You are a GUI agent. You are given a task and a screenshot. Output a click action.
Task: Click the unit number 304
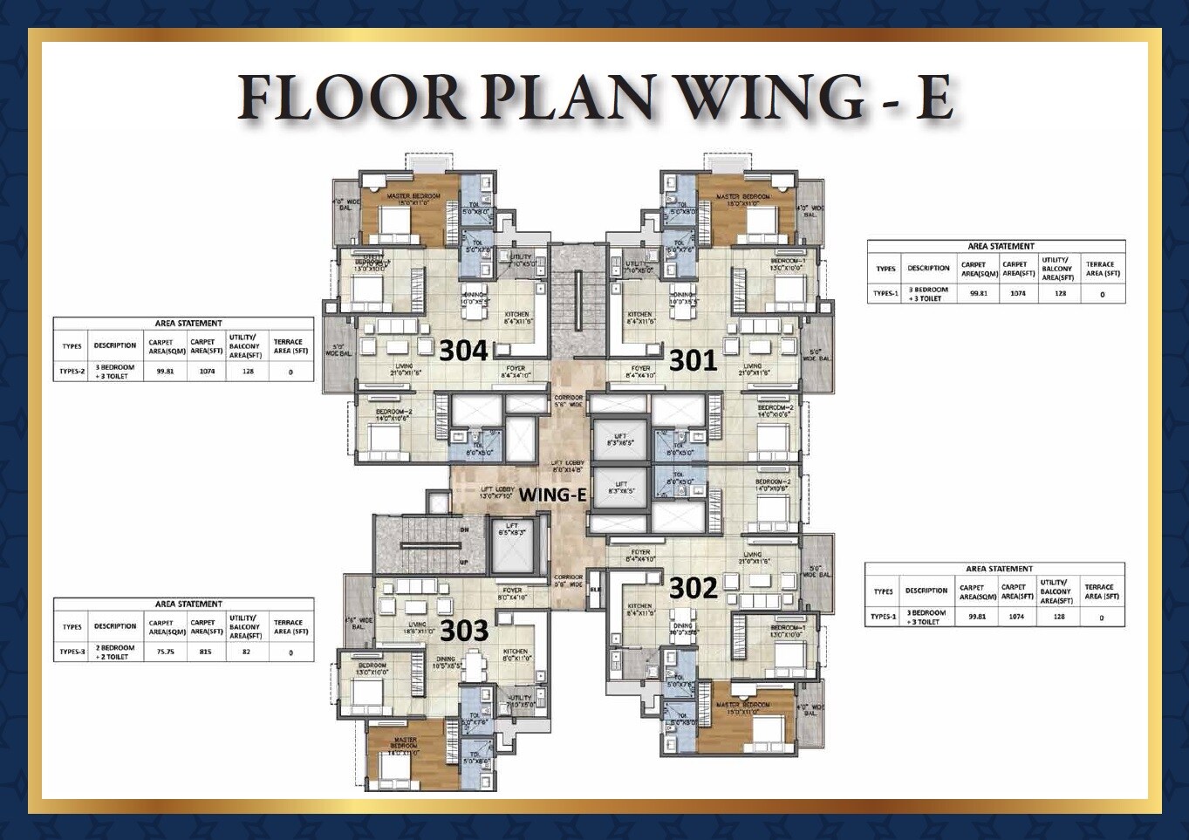(463, 351)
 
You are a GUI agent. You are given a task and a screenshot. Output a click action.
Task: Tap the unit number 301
(693, 359)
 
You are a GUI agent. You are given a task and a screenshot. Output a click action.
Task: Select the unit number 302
(693, 588)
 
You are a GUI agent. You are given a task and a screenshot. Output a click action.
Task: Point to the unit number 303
(463, 629)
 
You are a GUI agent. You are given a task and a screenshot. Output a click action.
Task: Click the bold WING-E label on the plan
(552, 495)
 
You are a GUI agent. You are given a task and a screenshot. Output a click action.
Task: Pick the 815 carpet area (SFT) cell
(206, 652)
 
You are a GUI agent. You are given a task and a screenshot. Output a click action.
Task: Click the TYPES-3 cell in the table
(72, 652)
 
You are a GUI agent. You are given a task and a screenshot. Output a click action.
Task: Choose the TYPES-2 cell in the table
(72, 372)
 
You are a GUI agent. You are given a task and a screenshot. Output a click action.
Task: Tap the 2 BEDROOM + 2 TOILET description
(115, 652)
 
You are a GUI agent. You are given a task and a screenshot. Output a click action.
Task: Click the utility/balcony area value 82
(245, 652)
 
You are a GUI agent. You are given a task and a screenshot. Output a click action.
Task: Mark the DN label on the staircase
(463, 529)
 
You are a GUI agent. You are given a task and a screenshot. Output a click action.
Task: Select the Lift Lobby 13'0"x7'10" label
(499, 493)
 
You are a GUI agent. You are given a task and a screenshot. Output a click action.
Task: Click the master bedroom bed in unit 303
(404, 768)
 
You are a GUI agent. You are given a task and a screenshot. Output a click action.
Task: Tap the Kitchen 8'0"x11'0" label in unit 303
(515, 655)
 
